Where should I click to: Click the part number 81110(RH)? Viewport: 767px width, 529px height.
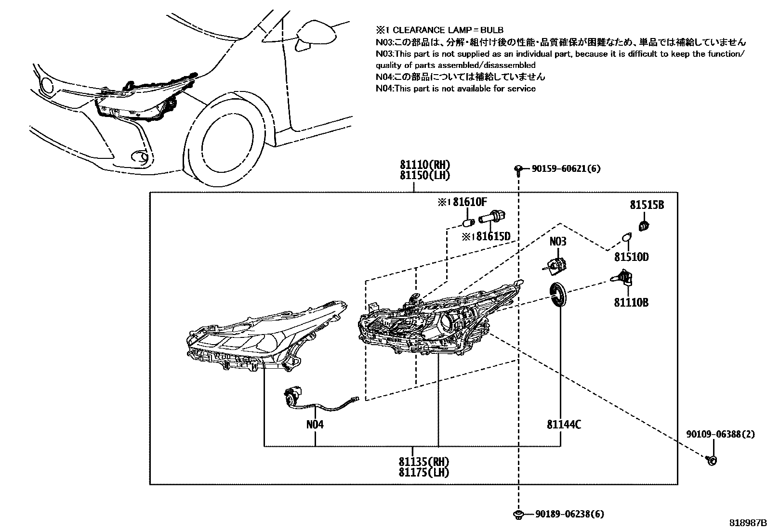[424, 165]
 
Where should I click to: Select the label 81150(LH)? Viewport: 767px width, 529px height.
[424, 176]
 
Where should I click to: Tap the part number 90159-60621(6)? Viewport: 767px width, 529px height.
[566, 168]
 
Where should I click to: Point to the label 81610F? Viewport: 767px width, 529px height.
[469, 202]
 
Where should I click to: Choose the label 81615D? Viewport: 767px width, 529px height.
[493, 236]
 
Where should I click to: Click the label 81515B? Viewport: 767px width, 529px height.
[647, 205]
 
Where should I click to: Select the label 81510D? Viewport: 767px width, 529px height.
[632, 257]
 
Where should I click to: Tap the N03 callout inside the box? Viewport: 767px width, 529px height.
[558, 242]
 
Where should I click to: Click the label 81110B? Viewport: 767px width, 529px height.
[631, 302]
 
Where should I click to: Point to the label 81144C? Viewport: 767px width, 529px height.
[564, 425]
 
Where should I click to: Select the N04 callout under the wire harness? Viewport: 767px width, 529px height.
[315, 425]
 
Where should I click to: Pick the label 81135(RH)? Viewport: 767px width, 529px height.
[423, 462]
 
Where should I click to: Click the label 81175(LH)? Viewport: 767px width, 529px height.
[423, 473]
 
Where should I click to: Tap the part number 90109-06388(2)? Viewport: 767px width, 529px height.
[720, 434]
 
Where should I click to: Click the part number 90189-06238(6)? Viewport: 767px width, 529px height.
[570, 514]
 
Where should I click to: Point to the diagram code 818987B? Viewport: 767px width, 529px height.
[748, 523]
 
